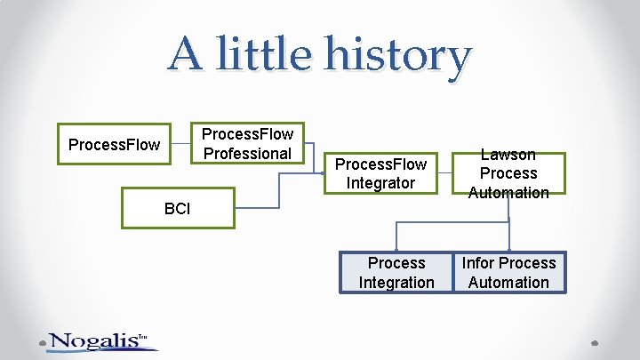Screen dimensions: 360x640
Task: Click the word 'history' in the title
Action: [397, 57]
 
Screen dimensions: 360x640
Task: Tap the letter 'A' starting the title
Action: [186, 53]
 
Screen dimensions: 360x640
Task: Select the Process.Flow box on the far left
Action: [114, 144]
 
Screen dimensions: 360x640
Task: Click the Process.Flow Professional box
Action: [248, 144]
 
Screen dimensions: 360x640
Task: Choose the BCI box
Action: [178, 208]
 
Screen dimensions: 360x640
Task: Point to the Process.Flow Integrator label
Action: [380, 173]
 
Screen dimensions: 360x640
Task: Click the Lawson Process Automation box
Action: [508, 173]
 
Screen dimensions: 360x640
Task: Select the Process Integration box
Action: [396, 273]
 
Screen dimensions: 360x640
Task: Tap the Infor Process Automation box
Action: [508, 273]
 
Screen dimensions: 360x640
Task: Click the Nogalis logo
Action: [98, 341]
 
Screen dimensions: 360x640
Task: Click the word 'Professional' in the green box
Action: [248, 154]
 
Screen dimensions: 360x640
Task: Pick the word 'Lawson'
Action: [508, 155]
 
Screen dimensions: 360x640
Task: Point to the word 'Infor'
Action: [479, 263]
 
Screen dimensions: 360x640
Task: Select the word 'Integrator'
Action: [380, 183]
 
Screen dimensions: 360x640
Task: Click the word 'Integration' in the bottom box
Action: [396, 283]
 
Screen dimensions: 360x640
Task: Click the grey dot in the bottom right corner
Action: [594, 342]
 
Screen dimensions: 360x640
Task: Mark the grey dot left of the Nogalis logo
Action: [41, 342]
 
